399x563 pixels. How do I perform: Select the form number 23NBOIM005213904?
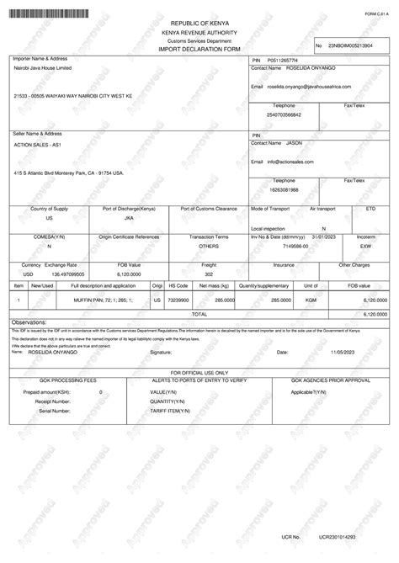[x=350, y=45]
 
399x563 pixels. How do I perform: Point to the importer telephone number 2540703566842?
[x=283, y=114]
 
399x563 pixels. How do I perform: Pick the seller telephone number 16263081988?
[x=283, y=189]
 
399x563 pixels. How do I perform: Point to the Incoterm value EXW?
[x=366, y=247]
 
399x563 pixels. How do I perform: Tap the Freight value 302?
[x=209, y=274]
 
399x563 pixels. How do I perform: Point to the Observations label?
[x=29, y=322]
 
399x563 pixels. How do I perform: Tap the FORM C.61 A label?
[x=376, y=14]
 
